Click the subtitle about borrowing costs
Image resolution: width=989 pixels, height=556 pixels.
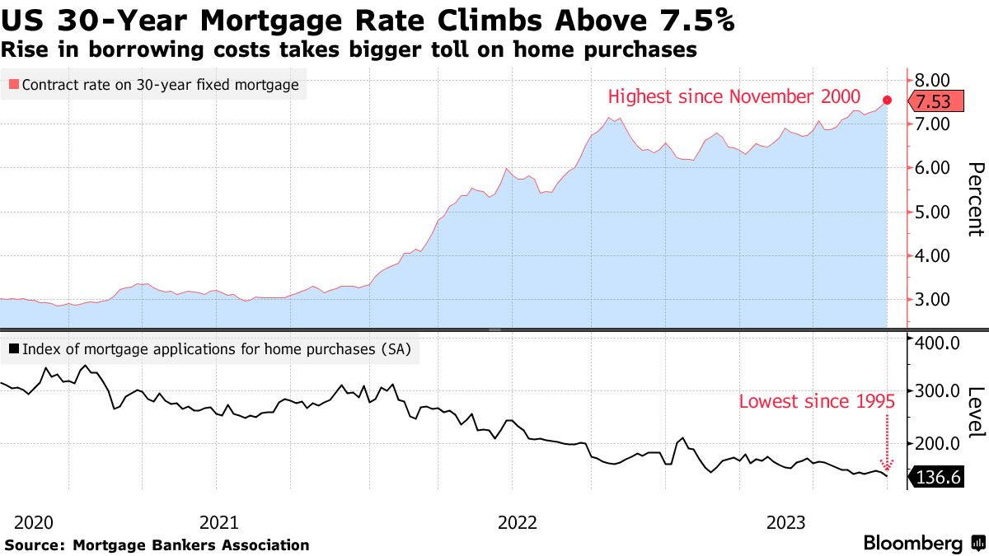pyautogui.click(x=349, y=50)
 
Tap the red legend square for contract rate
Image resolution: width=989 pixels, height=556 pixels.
pyautogui.click(x=12, y=85)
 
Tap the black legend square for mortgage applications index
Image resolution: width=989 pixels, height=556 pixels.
pyautogui.click(x=12, y=349)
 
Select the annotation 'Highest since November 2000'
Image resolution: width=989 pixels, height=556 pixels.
pyautogui.click(x=734, y=96)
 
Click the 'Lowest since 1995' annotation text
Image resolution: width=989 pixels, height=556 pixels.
pyautogui.click(x=817, y=402)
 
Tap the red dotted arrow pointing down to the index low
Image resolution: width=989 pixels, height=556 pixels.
pyautogui.click(x=887, y=441)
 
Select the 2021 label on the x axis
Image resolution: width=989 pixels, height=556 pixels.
pyautogui.click(x=219, y=522)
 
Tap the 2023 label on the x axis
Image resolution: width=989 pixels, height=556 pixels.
pyautogui.click(x=786, y=522)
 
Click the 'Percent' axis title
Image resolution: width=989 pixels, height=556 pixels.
pyautogui.click(x=974, y=199)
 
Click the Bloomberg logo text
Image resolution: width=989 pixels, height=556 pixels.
pyautogui.click(x=912, y=544)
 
